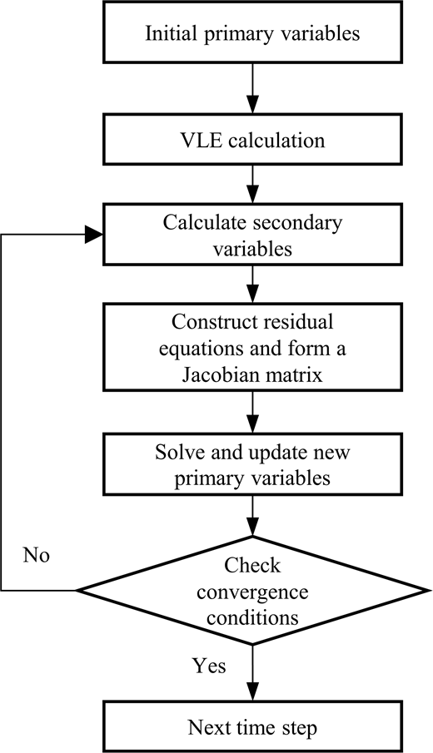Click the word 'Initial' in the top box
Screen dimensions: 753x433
[x=170, y=34]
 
